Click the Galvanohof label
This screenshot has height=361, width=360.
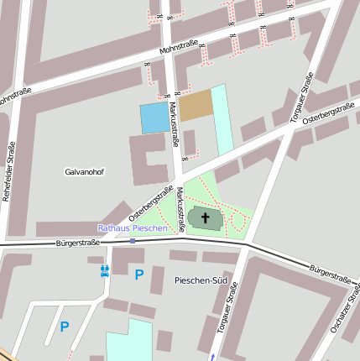pyautogui.click(x=84, y=171)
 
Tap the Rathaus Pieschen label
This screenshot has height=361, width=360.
pyautogui.click(x=133, y=228)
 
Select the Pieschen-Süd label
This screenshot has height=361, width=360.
pyautogui.click(x=201, y=280)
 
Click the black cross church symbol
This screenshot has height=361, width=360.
pyautogui.click(x=206, y=217)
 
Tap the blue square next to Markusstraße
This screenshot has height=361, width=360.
pyautogui.click(x=154, y=118)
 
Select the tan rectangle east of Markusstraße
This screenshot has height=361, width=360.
pyautogui.click(x=196, y=105)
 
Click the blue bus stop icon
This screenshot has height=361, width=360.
pyautogui.click(x=106, y=270)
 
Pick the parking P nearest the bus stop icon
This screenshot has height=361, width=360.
pyautogui.click(x=139, y=275)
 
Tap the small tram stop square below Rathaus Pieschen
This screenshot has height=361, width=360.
pyautogui.click(x=133, y=240)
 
